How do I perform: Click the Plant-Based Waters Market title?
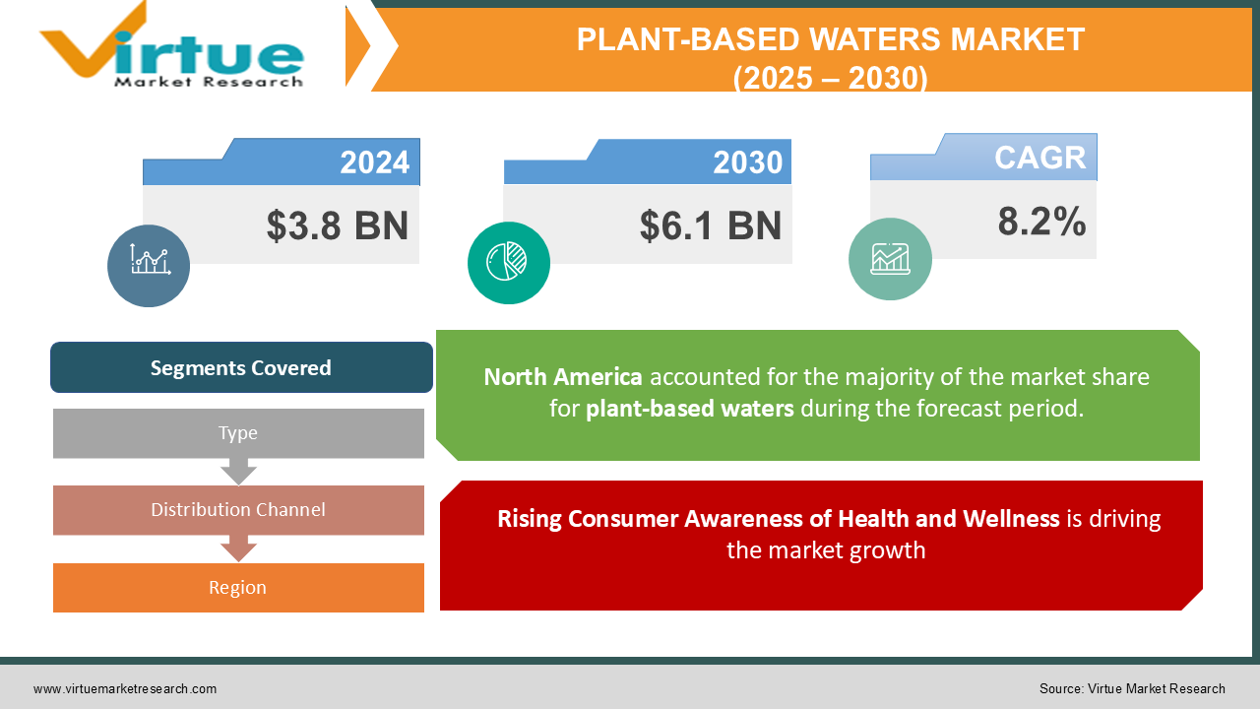pos(830,57)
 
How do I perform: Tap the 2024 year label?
pos(374,162)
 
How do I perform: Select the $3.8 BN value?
pos(337,226)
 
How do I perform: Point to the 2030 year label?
pos(747,162)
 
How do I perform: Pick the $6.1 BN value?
pos(710,226)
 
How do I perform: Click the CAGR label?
pos(1039,158)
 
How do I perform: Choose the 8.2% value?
pos(1041,222)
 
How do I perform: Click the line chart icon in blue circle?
pos(149,262)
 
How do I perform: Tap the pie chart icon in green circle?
pos(508,261)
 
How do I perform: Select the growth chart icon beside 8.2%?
pos(890,258)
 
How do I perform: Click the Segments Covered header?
pos(241,367)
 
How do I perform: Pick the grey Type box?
pos(238,433)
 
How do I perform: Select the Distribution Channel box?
pos(238,510)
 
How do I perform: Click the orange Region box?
pos(238,588)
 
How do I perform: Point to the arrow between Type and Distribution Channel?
pos(238,472)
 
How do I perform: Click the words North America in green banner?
pos(563,377)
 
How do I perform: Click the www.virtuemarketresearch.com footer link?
pos(125,689)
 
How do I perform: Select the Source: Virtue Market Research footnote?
pos(1132,689)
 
